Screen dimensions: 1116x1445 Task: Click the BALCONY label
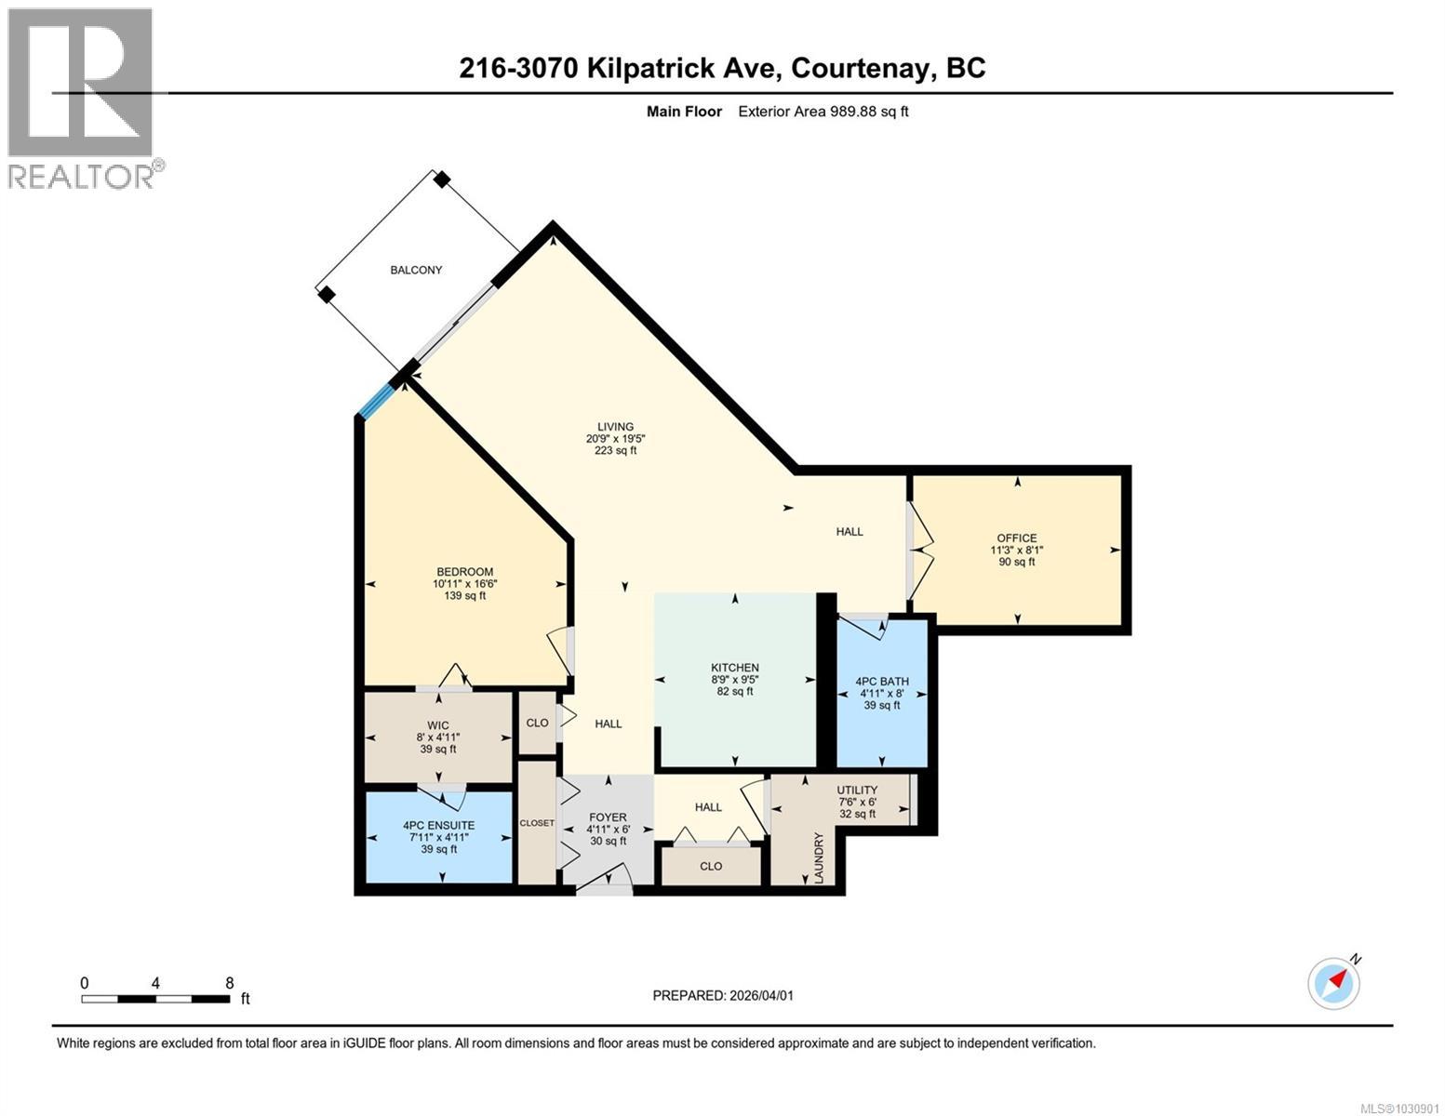coord(416,270)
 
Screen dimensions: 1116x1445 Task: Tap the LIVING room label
coord(615,427)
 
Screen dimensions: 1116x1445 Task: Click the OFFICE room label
coord(1016,538)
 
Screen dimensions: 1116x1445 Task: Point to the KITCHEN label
coord(735,668)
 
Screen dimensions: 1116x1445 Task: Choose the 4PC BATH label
coord(882,682)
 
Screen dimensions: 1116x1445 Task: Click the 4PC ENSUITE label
coord(438,825)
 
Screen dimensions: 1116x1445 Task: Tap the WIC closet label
coord(438,725)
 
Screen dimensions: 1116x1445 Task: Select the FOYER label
coord(608,817)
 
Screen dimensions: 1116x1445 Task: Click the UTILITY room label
coord(857,790)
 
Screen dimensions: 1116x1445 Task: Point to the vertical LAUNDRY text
coord(820,858)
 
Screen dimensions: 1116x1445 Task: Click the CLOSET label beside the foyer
coord(537,823)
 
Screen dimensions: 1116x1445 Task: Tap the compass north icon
coord(1334,983)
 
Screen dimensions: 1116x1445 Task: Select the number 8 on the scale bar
coord(229,983)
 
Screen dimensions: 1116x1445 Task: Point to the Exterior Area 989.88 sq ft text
coord(823,112)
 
